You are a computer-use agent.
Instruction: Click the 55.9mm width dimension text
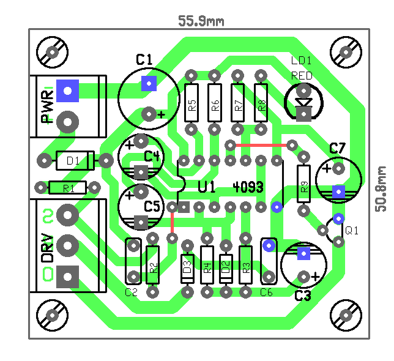pos(201,21)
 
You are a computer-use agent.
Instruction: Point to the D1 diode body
pos(74,161)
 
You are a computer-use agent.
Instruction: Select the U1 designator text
pos(206,187)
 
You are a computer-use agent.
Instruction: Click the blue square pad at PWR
pos(67,91)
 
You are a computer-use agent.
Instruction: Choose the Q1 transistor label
pos(352,231)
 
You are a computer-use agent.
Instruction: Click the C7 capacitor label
pos(337,148)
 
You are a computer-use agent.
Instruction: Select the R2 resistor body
pos(153,264)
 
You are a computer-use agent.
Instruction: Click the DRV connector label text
pos(48,246)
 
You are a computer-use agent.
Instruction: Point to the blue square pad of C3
pos(302,253)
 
